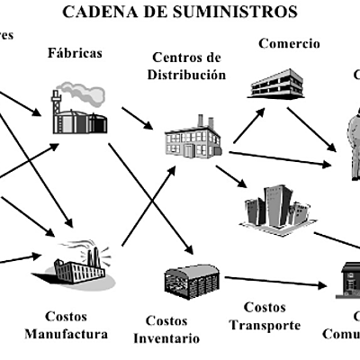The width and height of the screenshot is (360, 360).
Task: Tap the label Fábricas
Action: click(75, 52)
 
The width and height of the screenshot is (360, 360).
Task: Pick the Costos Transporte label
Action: click(265, 317)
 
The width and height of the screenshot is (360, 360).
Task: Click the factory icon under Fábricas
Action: click(78, 112)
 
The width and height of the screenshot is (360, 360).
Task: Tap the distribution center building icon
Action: click(192, 138)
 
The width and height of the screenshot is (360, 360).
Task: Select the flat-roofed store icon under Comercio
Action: click(277, 84)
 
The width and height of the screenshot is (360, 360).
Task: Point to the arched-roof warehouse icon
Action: click(191, 280)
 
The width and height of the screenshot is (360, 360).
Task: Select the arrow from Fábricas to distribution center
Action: click(137, 117)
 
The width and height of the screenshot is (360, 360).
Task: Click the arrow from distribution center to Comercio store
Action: click(247, 125)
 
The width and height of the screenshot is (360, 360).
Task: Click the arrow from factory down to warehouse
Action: click(150, 198)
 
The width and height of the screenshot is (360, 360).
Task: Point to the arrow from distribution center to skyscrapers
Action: click(231, 175)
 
